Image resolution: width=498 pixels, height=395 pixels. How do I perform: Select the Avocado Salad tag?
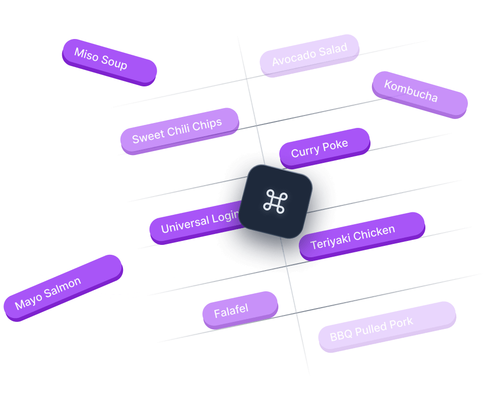(310, 54)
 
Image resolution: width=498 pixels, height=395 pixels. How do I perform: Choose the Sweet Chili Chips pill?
(179, 130)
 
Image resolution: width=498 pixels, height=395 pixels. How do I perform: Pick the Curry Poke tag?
(324, 148)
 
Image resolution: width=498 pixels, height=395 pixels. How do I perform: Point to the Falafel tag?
(240, 310)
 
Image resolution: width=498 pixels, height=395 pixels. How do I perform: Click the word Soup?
(115, 63)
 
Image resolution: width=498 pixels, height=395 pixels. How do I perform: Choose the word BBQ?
(340, 336)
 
